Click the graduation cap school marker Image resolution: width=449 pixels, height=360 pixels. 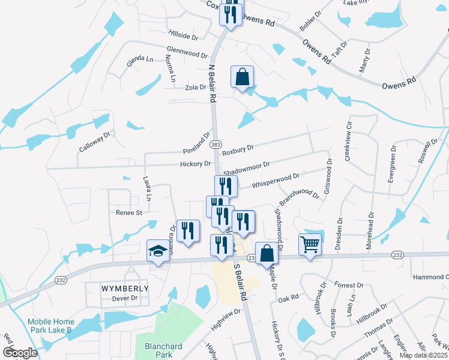click(x=158, y=251)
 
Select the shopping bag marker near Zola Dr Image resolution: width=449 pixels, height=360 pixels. click(x=242, y=77)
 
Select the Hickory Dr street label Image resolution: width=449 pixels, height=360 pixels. click(x=195, y=164)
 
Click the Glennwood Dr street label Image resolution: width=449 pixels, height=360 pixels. click(x=187, y=54)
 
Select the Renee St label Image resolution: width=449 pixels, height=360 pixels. click(x=129, y=212)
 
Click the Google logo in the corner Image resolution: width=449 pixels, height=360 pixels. click(x=20, y=353)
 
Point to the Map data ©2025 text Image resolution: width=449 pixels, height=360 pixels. click(x=423, y=355)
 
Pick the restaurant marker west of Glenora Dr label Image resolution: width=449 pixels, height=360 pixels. click(x=188, y=230)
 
